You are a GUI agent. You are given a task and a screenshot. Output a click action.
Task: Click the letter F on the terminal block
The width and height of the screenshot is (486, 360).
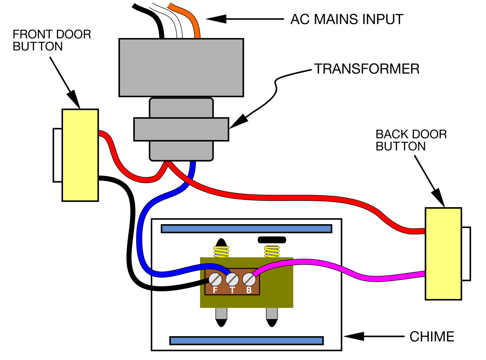215,290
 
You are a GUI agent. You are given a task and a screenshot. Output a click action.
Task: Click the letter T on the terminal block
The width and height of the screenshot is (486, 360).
232,290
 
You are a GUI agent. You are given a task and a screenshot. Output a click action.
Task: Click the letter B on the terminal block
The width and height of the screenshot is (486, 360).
249,290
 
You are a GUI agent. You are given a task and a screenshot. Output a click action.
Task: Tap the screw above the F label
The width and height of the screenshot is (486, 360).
215,280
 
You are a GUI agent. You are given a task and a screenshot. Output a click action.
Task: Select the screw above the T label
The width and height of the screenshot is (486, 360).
232,280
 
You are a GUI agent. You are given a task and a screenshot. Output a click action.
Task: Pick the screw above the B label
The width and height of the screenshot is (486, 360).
249,280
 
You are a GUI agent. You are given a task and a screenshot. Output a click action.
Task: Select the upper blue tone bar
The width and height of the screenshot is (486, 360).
246,229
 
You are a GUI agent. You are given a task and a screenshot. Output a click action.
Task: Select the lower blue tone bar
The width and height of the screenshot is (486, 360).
246,341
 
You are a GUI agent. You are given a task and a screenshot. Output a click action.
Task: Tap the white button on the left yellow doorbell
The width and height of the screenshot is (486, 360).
58,155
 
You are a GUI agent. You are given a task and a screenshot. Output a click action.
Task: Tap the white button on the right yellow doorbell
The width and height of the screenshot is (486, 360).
466,254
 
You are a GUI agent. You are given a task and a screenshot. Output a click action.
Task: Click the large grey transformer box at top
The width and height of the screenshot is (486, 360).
181,68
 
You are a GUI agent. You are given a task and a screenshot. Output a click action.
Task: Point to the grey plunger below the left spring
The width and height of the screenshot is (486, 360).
221,313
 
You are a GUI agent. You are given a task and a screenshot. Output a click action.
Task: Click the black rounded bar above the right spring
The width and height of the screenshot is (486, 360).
272,240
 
